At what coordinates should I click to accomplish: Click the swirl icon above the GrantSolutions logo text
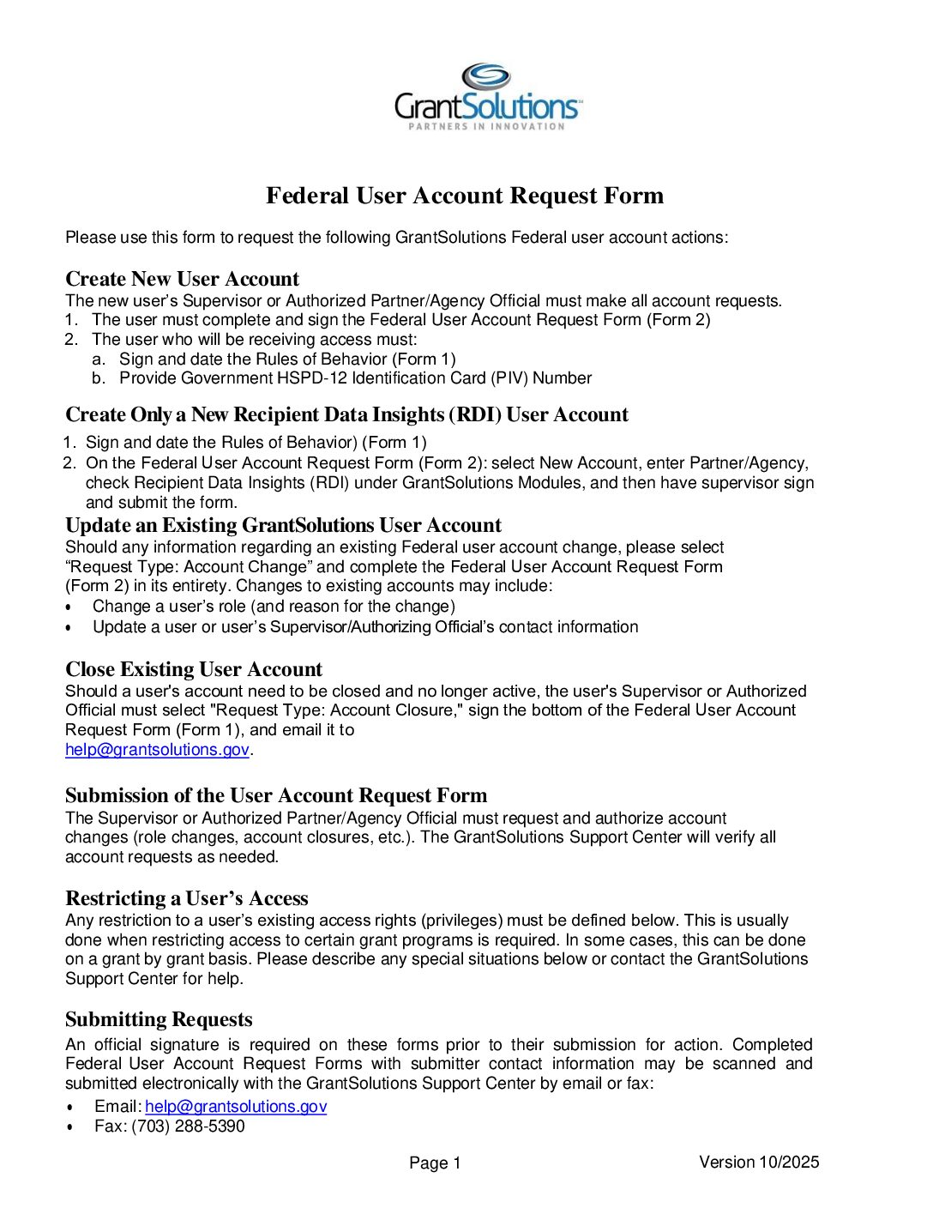(485, 76)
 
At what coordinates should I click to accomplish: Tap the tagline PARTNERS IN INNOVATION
(486, 126)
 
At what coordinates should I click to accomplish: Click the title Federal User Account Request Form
(465, 196)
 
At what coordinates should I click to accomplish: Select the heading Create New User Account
(182, 279)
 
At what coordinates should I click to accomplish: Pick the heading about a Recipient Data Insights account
(346, 414)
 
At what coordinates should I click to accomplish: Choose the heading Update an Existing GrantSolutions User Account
(283, 525)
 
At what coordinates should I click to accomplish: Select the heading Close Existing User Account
(194, 669)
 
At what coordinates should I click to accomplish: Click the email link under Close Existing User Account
(157, 750)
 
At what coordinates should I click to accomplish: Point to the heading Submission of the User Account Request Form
(276, 795)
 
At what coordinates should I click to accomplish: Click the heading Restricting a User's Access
(186, 898)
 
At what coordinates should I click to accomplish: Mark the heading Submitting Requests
(159, 1019)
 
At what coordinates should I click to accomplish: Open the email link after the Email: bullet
(236, 1107)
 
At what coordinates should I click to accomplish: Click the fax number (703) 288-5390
(188, 1126)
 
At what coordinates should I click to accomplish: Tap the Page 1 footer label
(435, 1163)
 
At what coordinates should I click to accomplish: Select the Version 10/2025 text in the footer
(759, 1163)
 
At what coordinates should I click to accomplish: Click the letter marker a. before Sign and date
(99, 359)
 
